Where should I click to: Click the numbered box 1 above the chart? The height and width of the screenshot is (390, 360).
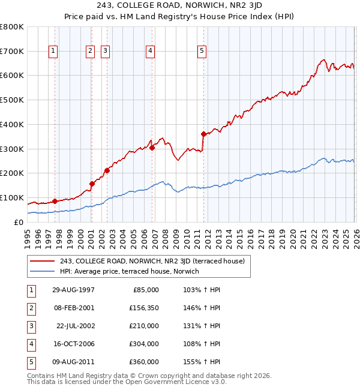coord(53,52)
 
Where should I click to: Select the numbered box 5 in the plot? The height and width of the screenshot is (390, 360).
coord(202,52)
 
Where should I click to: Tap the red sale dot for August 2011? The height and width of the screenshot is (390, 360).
coord(203,134)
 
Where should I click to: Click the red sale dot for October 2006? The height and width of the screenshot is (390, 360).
coord(152,148)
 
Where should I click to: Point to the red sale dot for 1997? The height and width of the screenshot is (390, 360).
coord(55,201)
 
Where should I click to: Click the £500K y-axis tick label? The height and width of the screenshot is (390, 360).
coord(11,100)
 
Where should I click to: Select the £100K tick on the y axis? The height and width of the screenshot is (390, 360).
coord(11,197)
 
